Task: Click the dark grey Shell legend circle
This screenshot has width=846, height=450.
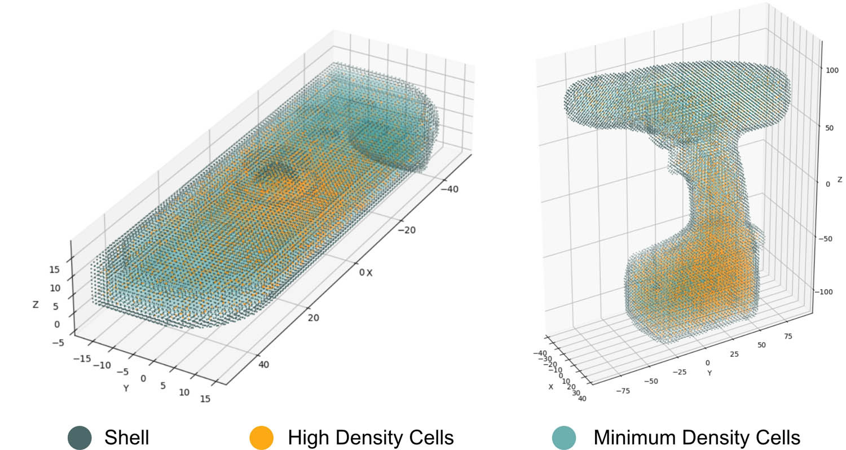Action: pos(80,438)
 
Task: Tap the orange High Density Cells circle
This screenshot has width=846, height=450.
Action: pos(261,438)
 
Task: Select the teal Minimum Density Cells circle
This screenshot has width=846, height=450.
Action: pos(563,438)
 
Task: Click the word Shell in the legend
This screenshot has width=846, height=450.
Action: pos(127,438)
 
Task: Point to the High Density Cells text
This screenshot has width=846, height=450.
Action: pos(371,438)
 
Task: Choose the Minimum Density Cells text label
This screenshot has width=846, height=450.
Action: pos(697,438)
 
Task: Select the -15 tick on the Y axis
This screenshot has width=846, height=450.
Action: pos(81,358)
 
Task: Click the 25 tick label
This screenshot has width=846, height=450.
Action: pos(734,353)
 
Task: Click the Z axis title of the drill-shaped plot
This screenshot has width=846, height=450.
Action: pos(840,180)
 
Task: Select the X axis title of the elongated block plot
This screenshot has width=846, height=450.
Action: pos(369,273)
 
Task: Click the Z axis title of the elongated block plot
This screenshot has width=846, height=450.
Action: pos(36,305)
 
